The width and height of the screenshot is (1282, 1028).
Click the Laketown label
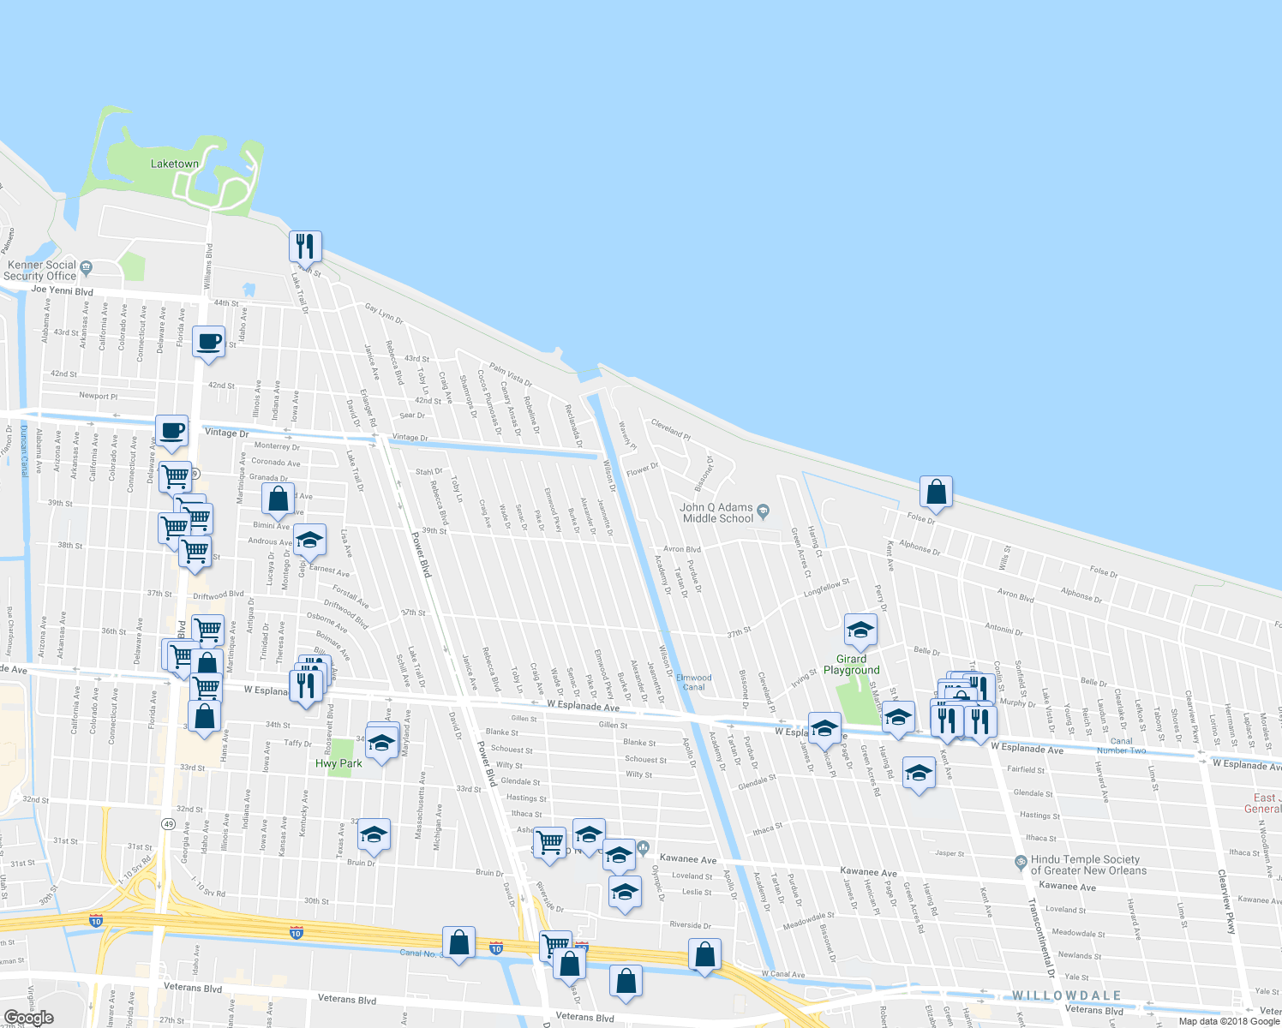coord(175,164)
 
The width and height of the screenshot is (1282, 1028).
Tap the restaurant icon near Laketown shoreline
coord(305,247)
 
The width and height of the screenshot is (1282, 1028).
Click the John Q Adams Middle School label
coord(717,513)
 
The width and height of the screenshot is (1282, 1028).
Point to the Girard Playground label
coord(851,665)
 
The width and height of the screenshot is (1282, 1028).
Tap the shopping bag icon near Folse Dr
coord(936,493)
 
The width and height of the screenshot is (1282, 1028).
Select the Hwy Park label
coord(338,763)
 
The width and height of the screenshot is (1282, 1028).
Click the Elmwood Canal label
coord(694,682)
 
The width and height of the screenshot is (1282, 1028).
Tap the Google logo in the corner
coord(28,1018)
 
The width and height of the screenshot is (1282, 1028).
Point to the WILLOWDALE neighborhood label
coord(1067,995)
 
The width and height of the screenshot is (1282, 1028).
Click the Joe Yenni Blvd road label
coord(63,290)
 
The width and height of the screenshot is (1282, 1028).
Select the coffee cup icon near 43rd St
coord(209,342)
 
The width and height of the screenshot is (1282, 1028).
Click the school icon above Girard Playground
coord(860,631)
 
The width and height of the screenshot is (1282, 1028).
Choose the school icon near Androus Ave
coord(309,540)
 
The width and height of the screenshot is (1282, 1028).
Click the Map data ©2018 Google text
coord(1229,1021)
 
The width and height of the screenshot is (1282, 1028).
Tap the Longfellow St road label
coord(826,589)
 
